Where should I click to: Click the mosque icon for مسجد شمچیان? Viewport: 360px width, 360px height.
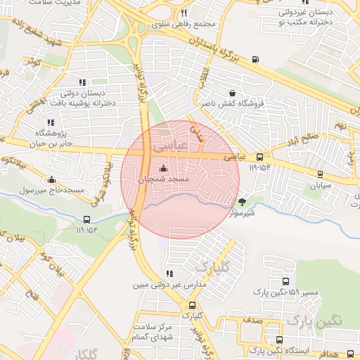coord(164,168)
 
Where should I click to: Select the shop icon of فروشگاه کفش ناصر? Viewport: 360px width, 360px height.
coord(232,93)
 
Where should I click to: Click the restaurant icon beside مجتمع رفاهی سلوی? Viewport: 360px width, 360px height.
coord(184,13)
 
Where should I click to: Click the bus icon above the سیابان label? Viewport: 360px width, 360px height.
coord(321,174)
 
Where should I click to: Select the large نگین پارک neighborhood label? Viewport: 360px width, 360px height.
coord(314,321)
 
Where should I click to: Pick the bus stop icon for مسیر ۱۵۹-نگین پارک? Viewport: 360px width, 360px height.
coord(285,281)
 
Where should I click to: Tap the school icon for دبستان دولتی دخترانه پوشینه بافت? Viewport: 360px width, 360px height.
coord(83,82)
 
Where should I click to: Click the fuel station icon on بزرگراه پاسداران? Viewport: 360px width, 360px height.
coord(254,59)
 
